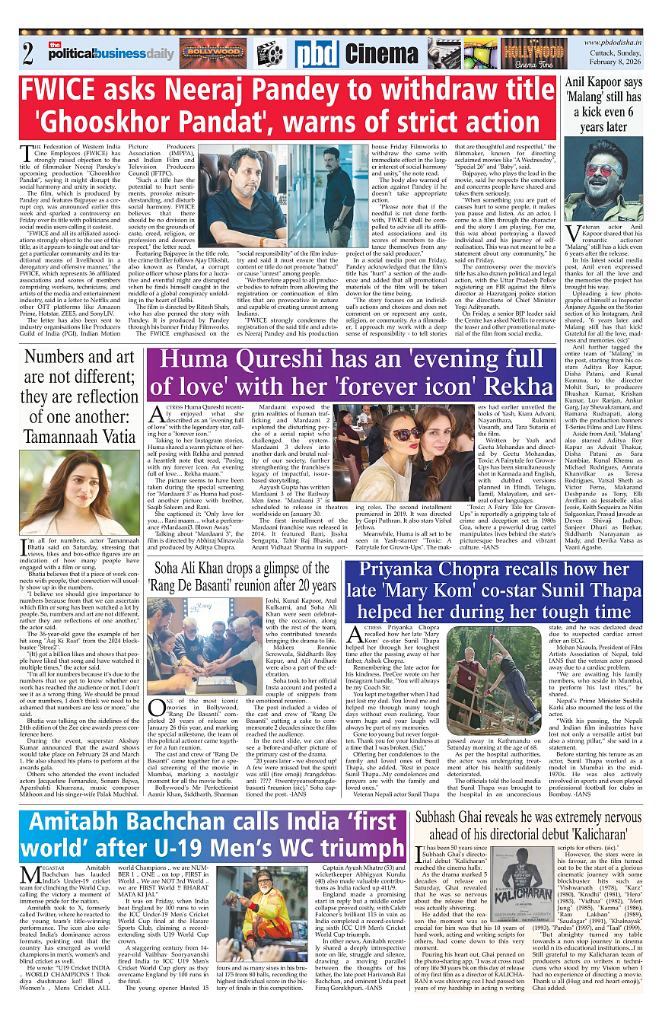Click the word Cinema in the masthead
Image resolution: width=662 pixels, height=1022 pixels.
(x=381, y=54)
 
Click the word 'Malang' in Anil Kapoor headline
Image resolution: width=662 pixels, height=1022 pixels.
(x=587, y=97)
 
